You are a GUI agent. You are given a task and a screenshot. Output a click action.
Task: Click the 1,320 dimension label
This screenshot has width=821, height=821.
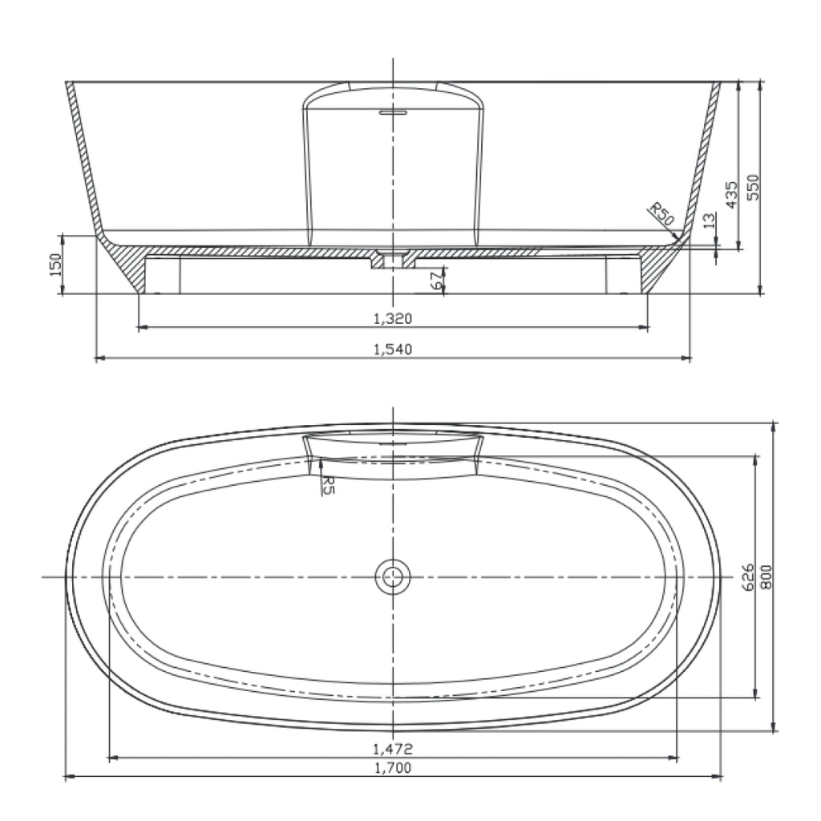pyautogui.click(x=392, y=319)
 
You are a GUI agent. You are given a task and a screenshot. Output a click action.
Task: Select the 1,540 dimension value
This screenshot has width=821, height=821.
pyautogui.click(x=392, y=350)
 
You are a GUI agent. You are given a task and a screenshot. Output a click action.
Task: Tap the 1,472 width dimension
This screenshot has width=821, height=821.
pyautogui.click(x=392, y=750)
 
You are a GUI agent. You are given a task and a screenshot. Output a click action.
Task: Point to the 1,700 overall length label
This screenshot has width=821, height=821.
pyautogui.click(x=392, y=768)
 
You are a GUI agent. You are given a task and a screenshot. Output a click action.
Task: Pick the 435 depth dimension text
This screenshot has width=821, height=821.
pyautogui.click(x=730, y=195)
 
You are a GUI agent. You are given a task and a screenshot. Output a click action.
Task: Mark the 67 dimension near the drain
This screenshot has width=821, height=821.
pyautogui.click(x=436, y=281)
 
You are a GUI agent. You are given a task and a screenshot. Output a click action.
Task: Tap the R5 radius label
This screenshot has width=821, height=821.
pyautogui.click(x=326, y=483)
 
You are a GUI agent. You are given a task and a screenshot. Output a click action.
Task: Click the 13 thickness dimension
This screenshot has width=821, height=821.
pyautogui.click(x=709, y=221)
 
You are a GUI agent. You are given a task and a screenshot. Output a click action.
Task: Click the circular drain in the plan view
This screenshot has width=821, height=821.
pyautogui.click(x=393, y=576)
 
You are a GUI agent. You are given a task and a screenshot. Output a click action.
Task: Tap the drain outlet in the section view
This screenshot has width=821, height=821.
pyautogui.click(x=393, y=260)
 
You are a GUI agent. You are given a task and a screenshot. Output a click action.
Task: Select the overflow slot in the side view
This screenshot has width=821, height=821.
pyautogui.click(x=393, y=113)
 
